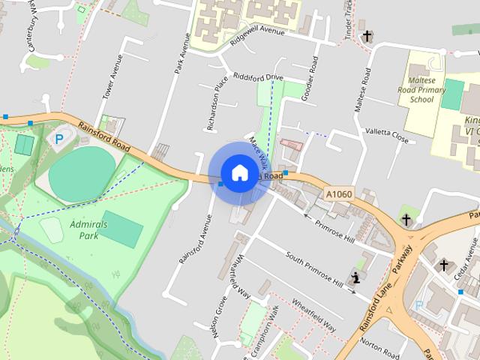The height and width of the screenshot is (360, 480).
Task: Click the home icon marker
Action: pos(239,172)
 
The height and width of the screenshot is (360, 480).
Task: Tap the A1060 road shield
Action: pos(339,194)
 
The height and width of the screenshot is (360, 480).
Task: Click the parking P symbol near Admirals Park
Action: pos(58,139)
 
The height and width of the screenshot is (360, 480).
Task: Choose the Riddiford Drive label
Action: pos(258,76)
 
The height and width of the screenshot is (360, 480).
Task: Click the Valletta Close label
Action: pos(387,135)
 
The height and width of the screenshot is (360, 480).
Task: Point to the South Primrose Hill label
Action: pos(315,268)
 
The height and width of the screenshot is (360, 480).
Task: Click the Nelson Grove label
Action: pos(220,318)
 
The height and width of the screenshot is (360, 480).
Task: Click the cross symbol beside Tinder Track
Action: pos(367,35)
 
